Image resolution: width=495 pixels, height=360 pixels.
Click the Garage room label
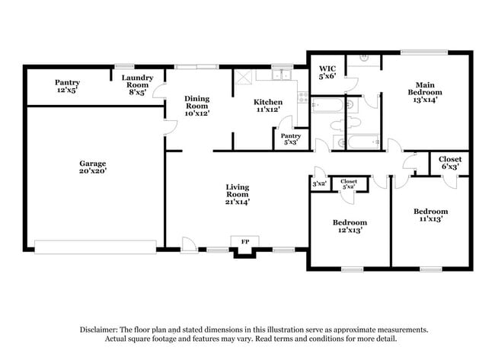click(93, 167)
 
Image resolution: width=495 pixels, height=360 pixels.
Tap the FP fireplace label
click(245, 242)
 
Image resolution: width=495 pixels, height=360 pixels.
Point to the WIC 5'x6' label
click(327, 72)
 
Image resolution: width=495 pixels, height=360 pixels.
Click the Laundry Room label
click(138, 81)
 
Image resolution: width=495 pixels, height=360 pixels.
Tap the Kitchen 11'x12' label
click(268, 106)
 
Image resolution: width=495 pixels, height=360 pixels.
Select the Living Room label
click(238, 194)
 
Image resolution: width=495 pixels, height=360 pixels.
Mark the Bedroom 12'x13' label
click(350, 227)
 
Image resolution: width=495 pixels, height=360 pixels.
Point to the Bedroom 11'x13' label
click(430, 215)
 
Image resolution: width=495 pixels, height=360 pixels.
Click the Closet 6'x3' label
click(450, 163)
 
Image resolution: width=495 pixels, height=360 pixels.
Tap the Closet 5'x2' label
click(350, 183)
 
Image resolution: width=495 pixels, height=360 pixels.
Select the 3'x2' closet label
click(319, 183)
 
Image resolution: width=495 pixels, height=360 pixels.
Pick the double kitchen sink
click(281, 75)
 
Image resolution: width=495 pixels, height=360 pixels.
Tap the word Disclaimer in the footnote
click(101, 330)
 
